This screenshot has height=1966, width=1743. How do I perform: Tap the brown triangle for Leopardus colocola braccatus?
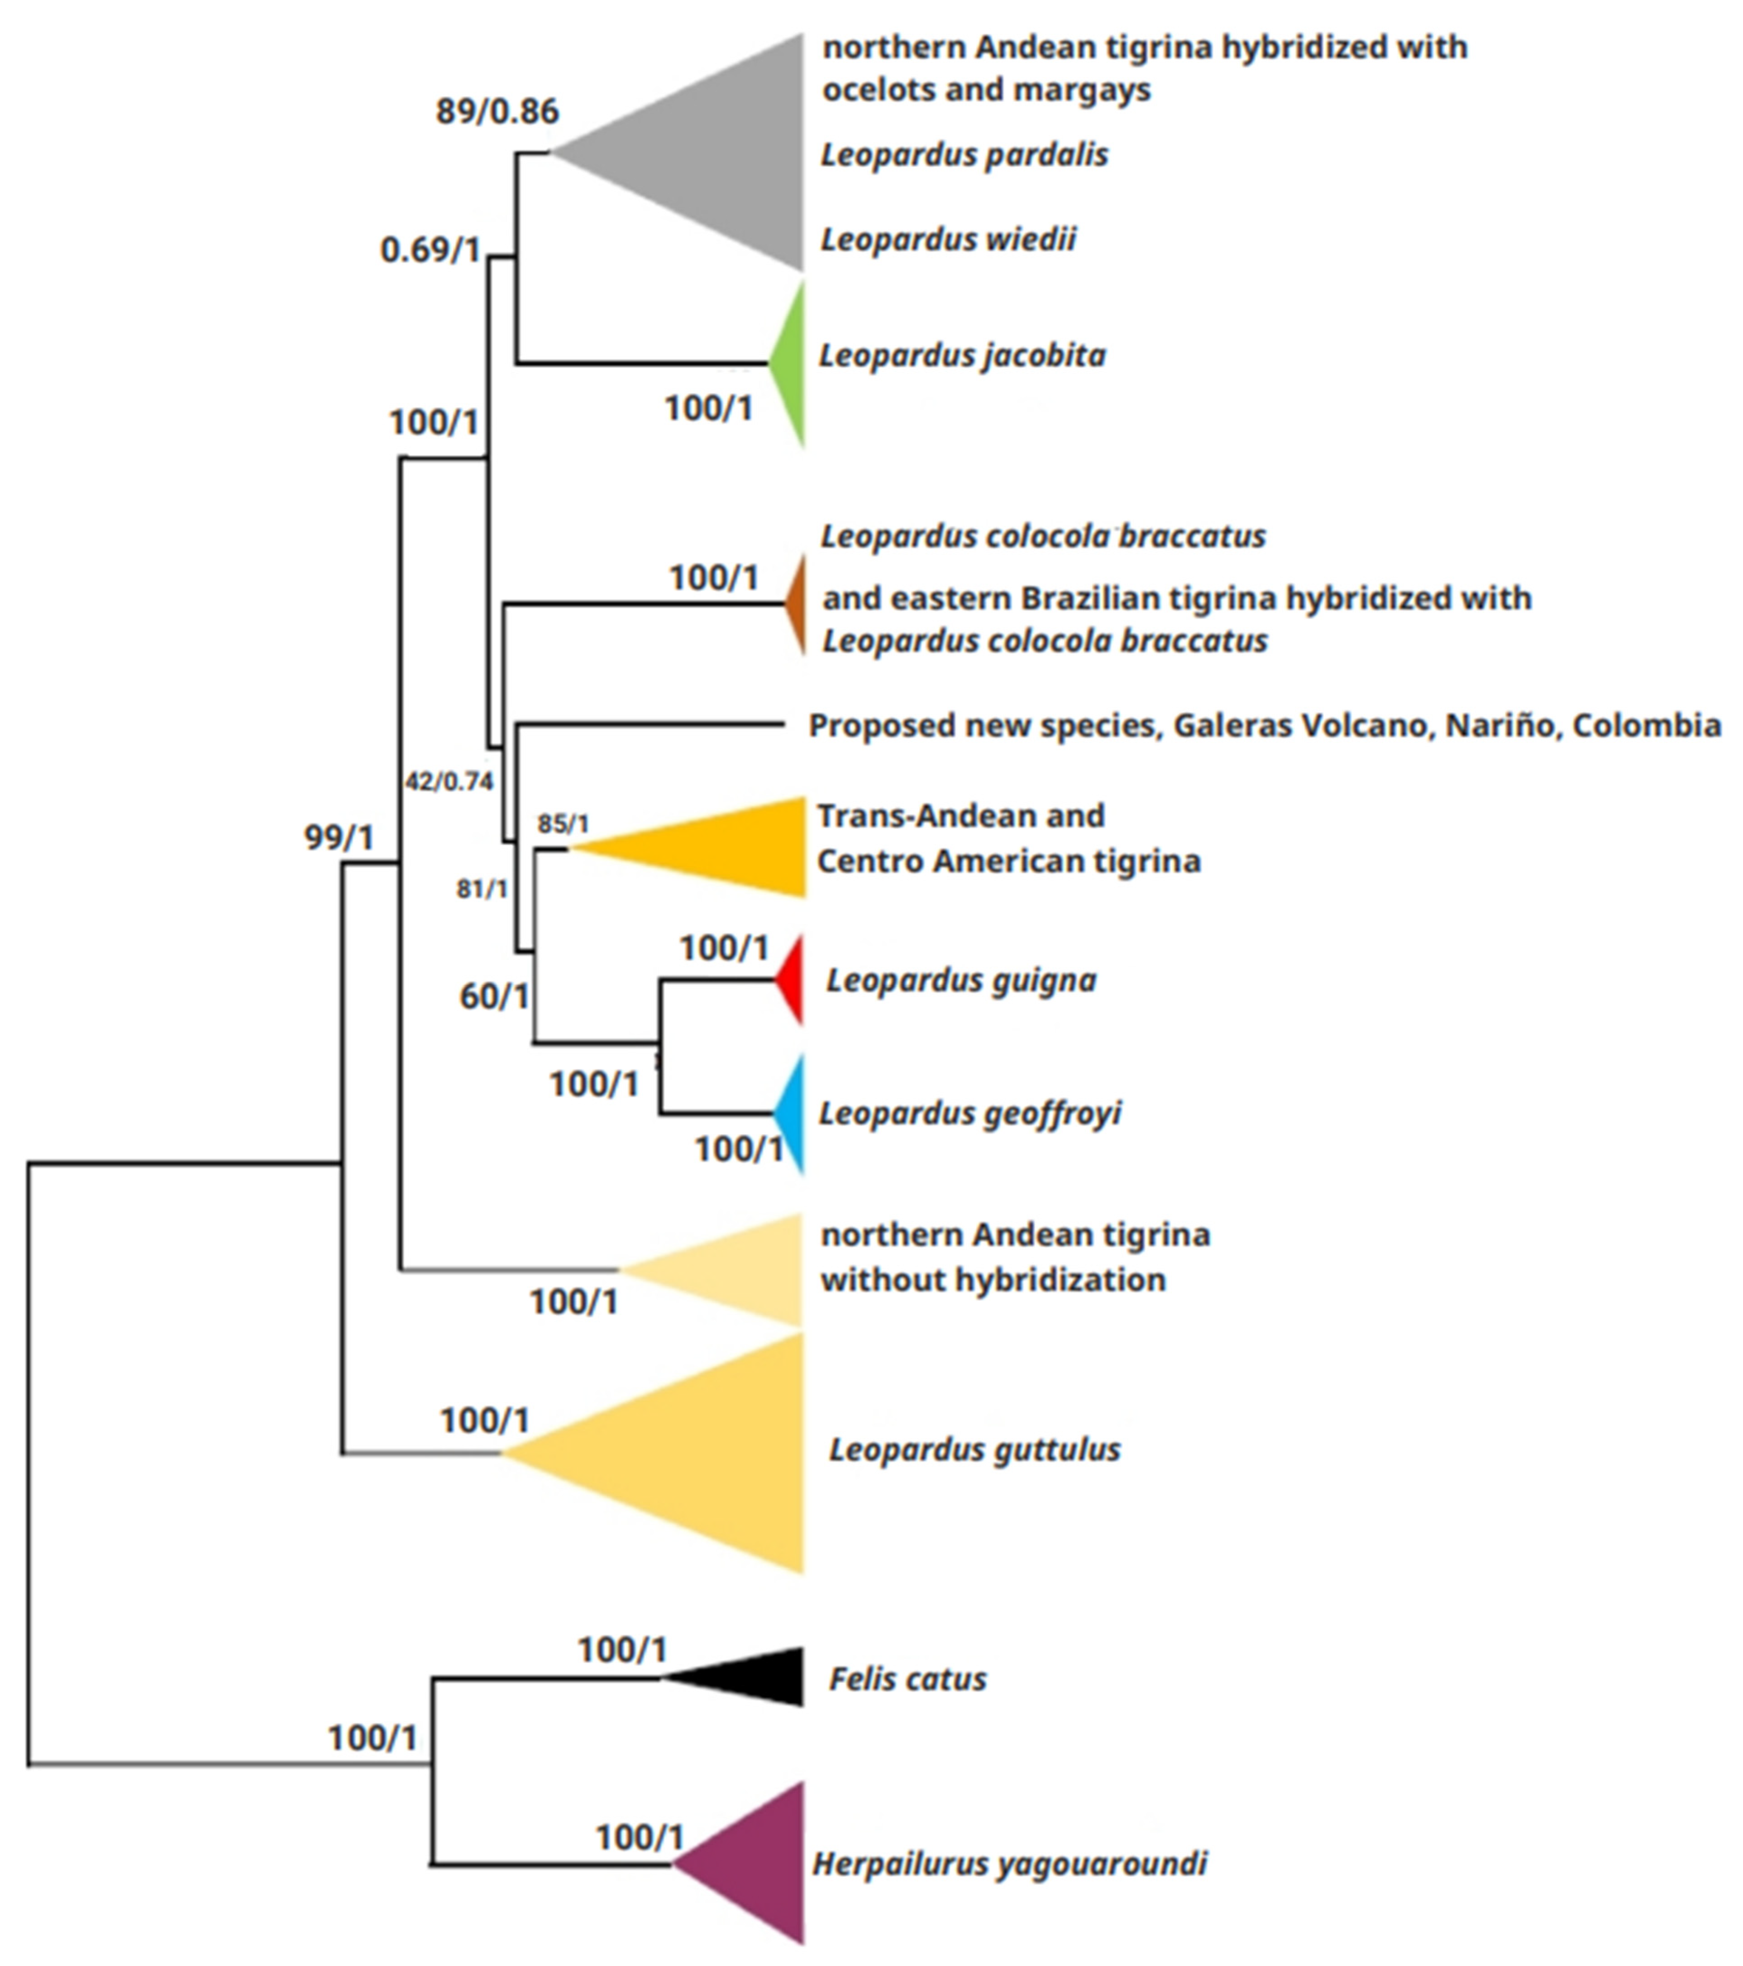(797, 604)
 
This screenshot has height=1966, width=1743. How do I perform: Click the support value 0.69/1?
(430, 250)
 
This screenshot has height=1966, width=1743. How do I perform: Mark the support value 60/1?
(493, 996)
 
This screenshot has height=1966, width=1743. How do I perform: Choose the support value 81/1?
(481, 890)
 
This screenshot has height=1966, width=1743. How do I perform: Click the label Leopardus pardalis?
(964, 155)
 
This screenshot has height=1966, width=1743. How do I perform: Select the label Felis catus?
(907, 1679)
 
